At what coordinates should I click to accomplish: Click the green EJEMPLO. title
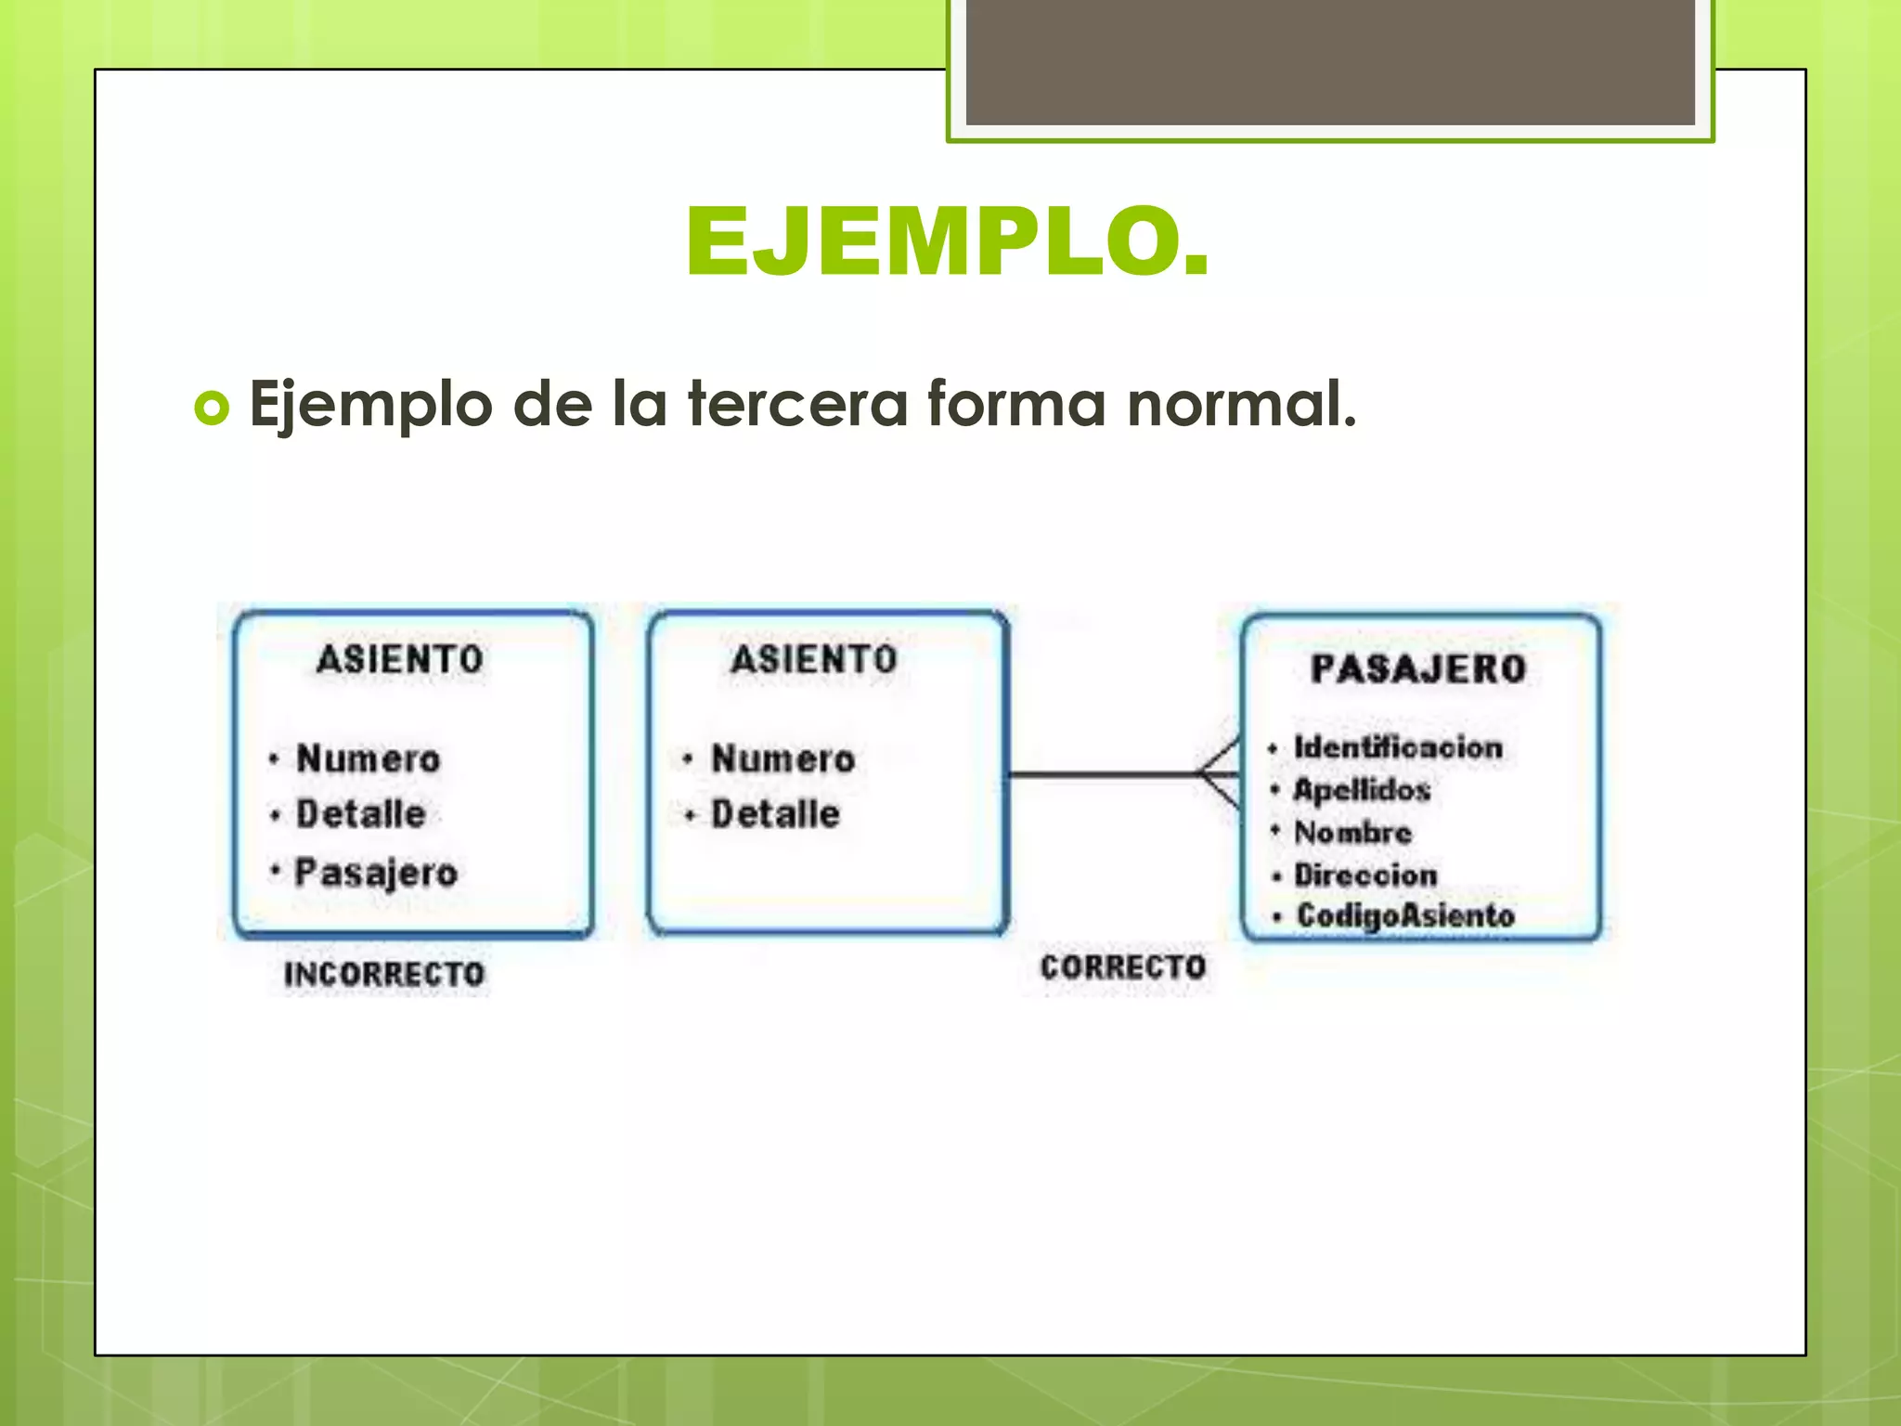coord(948,242)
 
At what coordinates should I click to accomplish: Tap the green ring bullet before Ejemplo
coord(212,408)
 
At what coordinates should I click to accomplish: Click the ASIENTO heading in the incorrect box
coord(400,659)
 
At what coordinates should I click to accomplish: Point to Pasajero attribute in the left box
coord(376,873)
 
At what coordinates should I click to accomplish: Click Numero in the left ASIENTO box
coord(368,758)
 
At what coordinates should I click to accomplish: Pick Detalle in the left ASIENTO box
coord(360,814)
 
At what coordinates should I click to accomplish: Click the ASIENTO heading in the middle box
coord(814,659)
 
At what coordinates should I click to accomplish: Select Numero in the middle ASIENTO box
coord(782,758)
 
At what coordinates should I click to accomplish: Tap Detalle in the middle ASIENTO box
coord(775,814)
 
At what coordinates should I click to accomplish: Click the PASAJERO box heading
coord(1418,668)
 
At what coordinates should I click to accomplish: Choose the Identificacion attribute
coord(1398,747)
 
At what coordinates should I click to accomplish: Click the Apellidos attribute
coord(1362,790)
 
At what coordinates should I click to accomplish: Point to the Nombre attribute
coord(1352,833)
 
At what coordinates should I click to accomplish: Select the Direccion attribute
coord(1365,875)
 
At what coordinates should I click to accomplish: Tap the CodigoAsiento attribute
coord(1405,915)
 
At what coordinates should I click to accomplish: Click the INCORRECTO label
coord(384,974)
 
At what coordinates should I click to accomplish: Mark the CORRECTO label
coord(1122,967)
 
